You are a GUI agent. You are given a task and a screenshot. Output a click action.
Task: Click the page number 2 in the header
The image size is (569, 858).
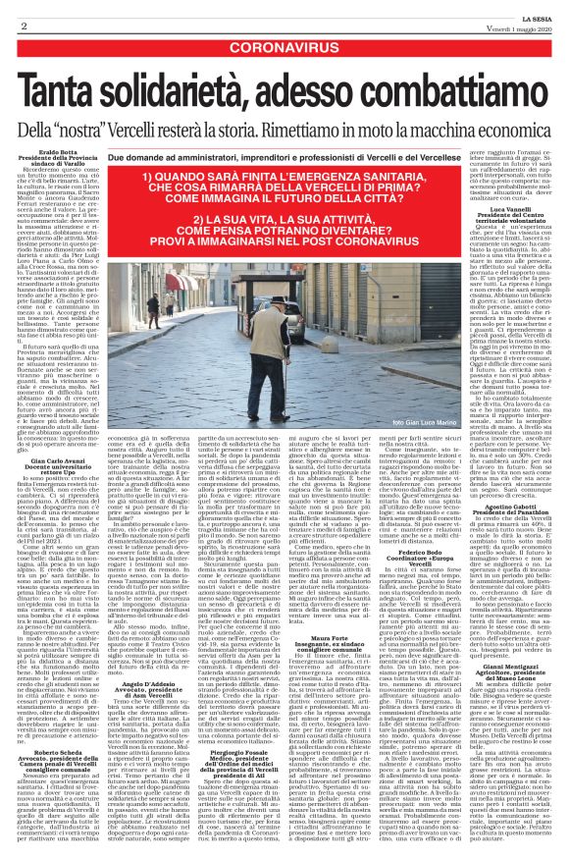23,21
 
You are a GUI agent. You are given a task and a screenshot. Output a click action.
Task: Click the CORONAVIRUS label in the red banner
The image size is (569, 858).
284,46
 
